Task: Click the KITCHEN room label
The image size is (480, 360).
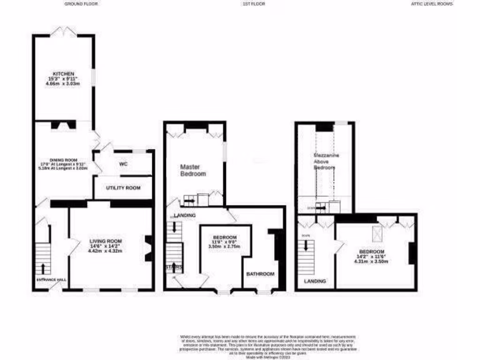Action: (64, 74)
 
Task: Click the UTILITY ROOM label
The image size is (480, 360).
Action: (123, 188)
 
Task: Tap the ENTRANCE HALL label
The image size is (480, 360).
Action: (52, 280)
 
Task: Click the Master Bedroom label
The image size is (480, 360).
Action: (193, 170)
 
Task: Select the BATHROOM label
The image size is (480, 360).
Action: (261, 274)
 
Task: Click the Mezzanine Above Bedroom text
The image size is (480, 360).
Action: (327, 161)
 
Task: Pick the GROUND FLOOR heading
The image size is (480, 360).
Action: (81, 4)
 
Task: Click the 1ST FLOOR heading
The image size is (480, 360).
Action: (254, 4)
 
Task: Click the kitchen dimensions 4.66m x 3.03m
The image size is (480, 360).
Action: (63, 84)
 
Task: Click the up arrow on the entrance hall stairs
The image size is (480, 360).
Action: (43, 268)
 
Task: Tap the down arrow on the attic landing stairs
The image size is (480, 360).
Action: (307, 245)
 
